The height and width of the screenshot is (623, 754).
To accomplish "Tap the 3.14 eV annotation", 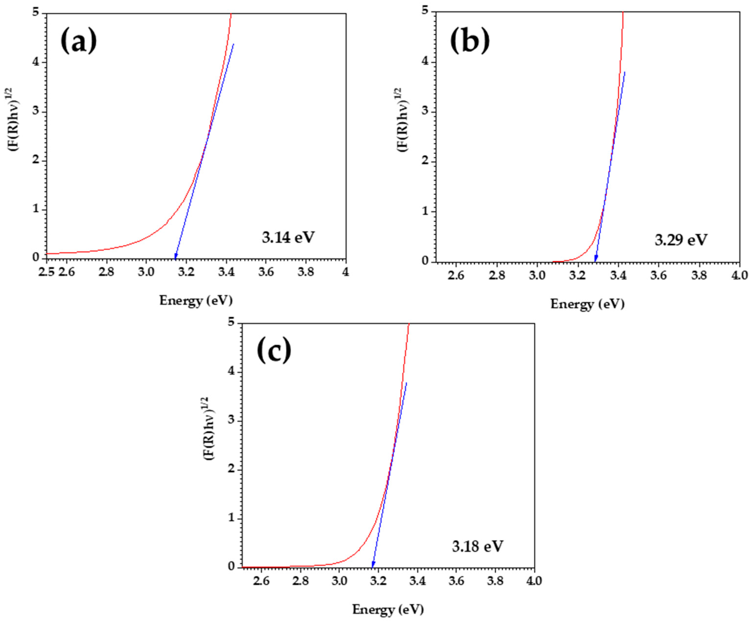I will pos(288,237).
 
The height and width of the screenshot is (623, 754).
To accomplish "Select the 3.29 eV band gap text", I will pos(681,240).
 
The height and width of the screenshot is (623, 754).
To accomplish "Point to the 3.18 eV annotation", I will pos(477,546).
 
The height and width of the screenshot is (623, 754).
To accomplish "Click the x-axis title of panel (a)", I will pos(196,300).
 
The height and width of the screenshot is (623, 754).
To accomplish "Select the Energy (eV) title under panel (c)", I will pos(388,609).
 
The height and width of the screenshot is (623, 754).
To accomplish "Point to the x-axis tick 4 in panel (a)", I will pos(345,272).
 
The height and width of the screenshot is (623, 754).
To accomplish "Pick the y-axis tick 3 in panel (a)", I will pos(36,112).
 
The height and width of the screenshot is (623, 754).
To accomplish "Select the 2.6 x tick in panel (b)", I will pos(456,276).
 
